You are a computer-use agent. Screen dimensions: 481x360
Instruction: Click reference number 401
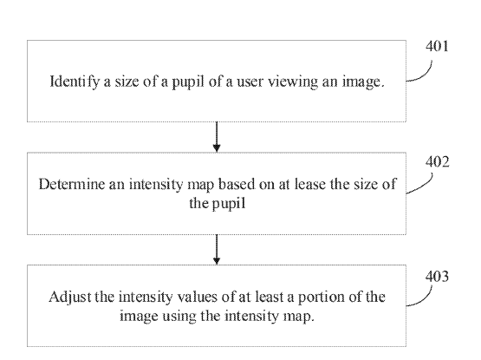437,46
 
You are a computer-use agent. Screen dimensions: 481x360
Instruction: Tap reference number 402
437,161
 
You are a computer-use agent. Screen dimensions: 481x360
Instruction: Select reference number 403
437,276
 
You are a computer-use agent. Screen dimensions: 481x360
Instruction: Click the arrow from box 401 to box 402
217,137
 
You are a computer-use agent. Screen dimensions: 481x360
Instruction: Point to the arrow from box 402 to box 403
217,249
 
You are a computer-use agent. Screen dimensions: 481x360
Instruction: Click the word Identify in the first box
75,82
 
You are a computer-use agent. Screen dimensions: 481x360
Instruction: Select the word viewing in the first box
293,82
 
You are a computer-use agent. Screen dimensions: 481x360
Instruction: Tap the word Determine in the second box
71,184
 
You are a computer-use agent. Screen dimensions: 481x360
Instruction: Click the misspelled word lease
310,184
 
